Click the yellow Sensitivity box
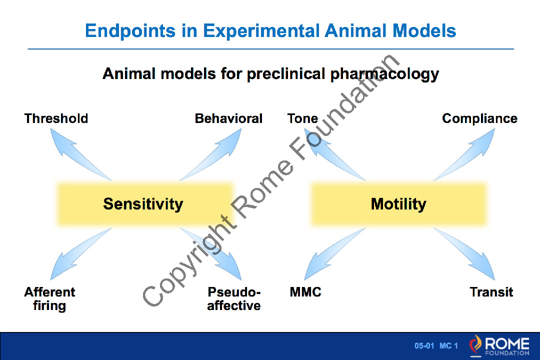(x=145, y=204)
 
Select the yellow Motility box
(x=398, y=204)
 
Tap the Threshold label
(x=56, y=118)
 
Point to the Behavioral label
(x=228, y=118)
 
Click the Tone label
(x=302, y=118)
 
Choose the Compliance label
(x=479, y=118)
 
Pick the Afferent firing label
(x=49, y=298)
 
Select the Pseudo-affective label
(x=234, y=298)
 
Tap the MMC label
(x=305, y=292)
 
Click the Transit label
(x=491, y=292)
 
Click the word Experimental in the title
(x=261, y=31)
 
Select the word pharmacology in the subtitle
(x=384, y=74)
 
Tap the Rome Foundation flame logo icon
(x=475, y=345)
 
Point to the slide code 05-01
(x=424, y=345)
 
